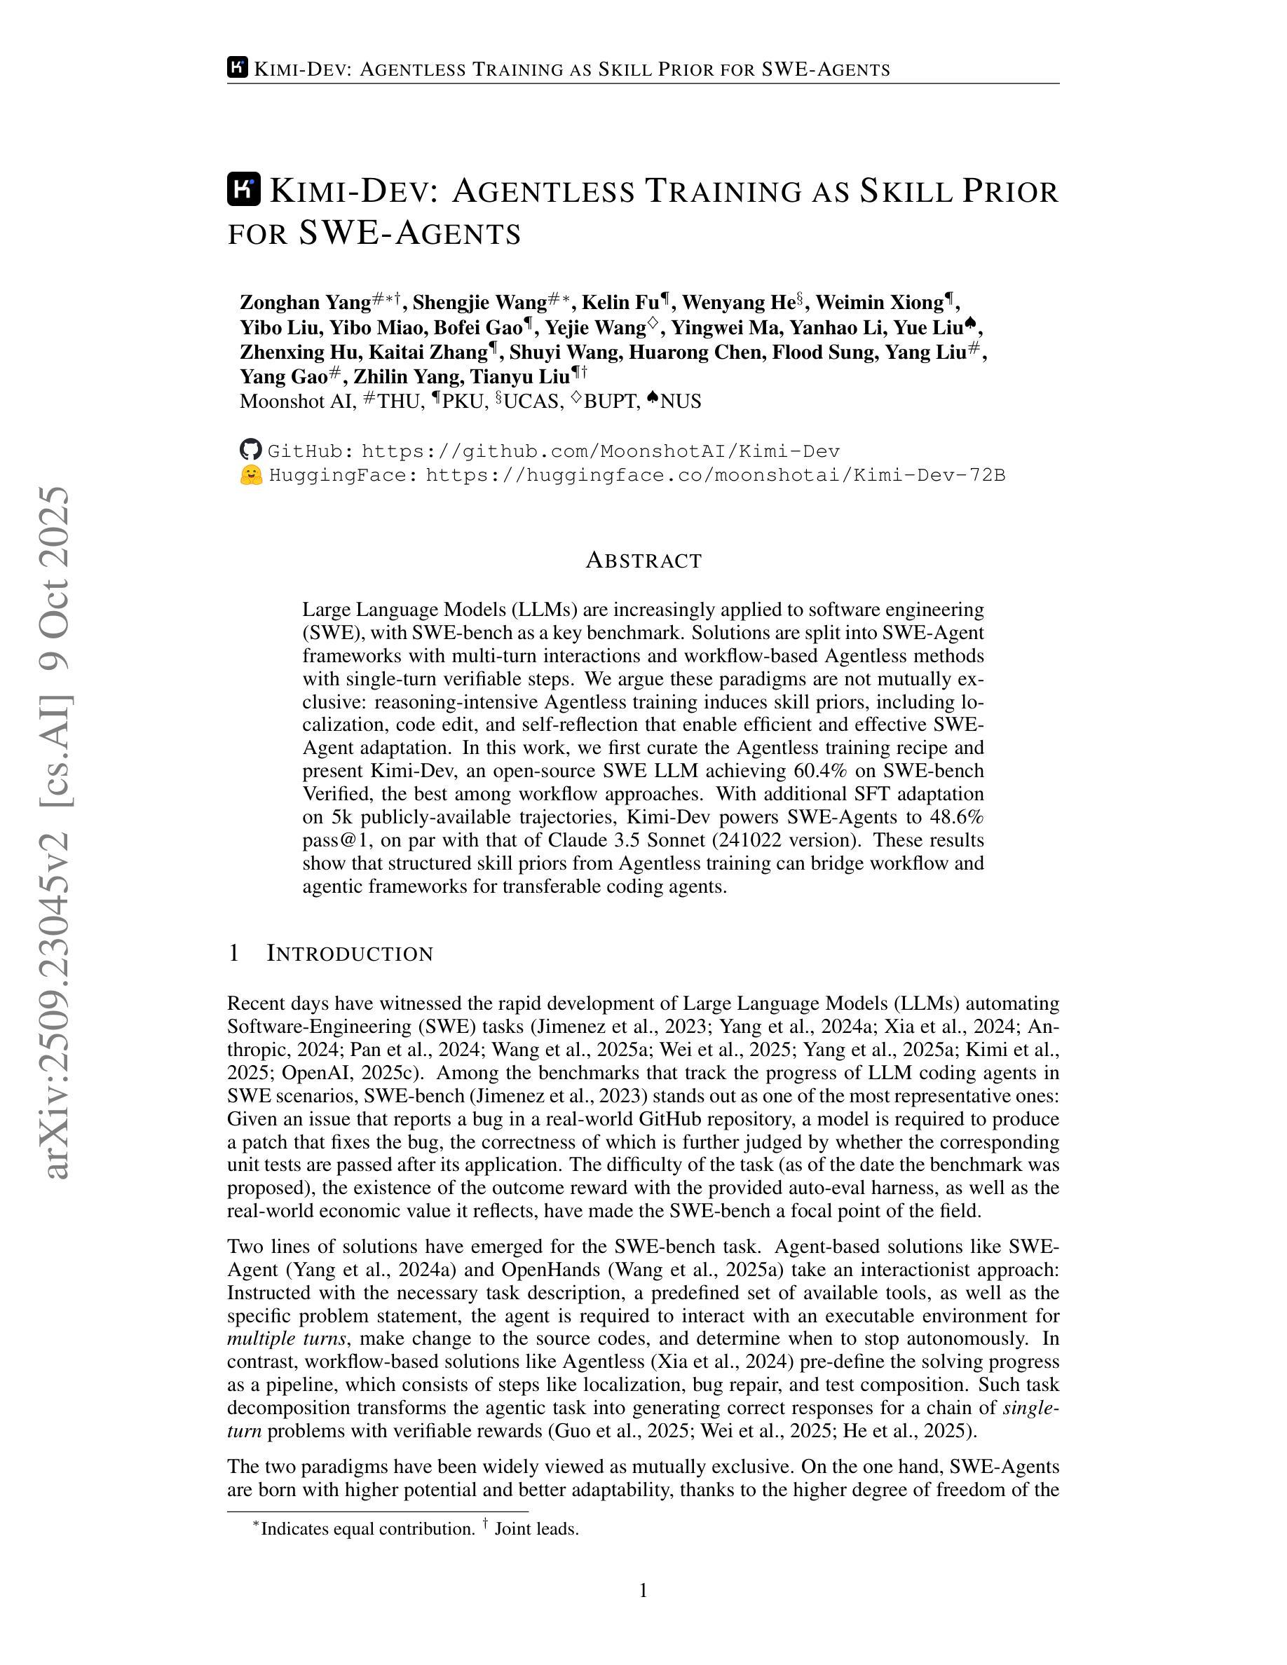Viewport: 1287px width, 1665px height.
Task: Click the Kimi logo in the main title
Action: tap(244, 190)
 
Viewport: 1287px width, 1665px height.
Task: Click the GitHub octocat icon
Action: tap(250, 451)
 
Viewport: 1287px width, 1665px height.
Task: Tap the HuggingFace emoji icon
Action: tap(250, 476)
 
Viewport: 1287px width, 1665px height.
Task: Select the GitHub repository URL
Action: tap(600, 451)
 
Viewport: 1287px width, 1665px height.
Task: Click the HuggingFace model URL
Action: tap(715, 476)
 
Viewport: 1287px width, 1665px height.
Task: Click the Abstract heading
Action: tap(643, 561)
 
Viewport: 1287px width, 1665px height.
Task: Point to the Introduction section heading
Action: tap(349, 954)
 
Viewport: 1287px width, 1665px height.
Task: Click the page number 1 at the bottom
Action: tap(643, 1591)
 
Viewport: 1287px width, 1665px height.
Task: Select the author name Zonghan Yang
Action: tap(305, 303)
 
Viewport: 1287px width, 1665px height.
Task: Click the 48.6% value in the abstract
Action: tap(956, 817)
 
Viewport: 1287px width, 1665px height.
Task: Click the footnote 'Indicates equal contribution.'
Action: tap(367, 1528)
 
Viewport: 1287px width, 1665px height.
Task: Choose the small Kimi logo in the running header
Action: tap(237, 68)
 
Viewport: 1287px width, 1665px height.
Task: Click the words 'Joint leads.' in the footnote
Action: tap(536, 1528)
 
